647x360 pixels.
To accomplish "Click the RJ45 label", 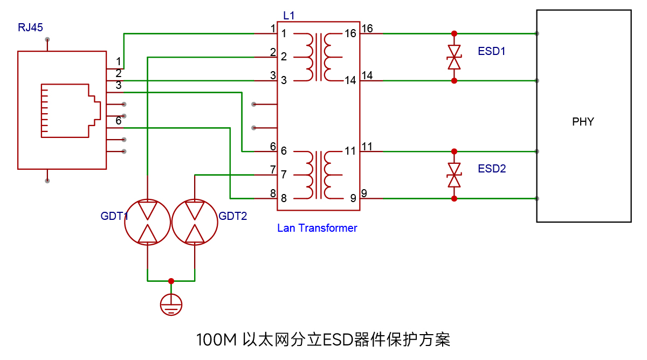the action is pos(30,27).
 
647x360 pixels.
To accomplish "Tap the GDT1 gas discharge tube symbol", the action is pos(147,222).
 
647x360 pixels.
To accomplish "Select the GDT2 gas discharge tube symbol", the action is pos(195,222).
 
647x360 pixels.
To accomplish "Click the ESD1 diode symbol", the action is pos(454,57).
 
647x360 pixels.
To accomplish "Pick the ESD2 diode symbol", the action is pos(454,175).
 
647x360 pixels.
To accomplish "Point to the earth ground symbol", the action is pos(171,304).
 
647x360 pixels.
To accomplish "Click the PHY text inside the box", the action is pos(583,122).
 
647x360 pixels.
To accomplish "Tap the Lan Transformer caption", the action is pos(317,228).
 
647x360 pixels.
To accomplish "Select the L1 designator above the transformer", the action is pos(289,16).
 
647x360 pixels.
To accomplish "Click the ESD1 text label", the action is pos(492,51).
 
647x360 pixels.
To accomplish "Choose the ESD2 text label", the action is pos(492,169).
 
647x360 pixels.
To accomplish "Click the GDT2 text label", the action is pos(233,216).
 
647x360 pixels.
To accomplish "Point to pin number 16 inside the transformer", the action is pos(350,33).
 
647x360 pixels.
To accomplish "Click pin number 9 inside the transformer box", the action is pos(353,198).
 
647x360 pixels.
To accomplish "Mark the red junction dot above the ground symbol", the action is pos(171,281).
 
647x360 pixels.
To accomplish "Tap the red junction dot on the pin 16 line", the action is pos(454,34).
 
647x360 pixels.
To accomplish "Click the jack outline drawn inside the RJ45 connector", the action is pos(71,84).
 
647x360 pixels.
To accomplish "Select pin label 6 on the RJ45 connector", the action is pos(119,121).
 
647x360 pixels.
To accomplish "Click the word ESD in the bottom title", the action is pos(338,340).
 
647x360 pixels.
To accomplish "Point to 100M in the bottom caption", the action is pos(217,340).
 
